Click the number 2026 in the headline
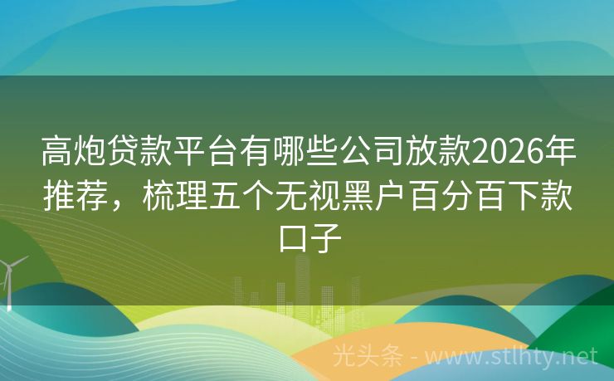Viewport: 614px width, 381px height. pyautogui.click(x=506, y=151)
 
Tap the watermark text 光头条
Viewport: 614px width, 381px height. pyautogui.click(x=368, y=357)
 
